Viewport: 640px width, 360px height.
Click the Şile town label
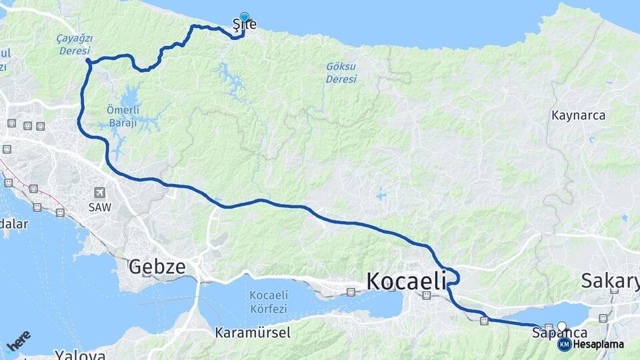tap(244, 25)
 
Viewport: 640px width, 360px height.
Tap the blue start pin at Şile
tap(245, 17)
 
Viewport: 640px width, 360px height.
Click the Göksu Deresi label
tap(341, 73)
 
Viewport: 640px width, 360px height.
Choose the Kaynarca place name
tap(578, 115)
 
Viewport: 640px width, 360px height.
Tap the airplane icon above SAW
tap(100, 192)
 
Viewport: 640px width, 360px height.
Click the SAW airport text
tap(100, 207)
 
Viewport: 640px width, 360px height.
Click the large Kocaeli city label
tap(406, 281)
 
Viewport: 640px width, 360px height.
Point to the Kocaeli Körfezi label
tap(268, 302)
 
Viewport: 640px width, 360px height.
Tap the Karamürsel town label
tap(253, 332)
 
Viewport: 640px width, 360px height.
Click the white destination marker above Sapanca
tap(561, 326)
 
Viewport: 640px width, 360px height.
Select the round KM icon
tap(564, 345)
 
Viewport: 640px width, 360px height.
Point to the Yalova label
tap(79, 354)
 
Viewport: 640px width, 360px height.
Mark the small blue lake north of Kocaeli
tap(380, 195)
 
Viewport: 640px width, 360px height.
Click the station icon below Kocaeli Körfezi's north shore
tap(351, 292)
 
